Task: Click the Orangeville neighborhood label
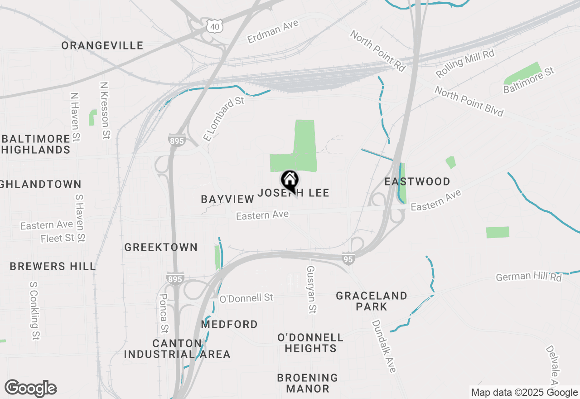102,46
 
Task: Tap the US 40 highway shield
214,26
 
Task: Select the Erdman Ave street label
273,32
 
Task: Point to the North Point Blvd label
469,102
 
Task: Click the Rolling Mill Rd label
465,63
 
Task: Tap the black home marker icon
290,181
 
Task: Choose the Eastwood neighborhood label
417,182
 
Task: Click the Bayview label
228,199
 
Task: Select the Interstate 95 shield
348,258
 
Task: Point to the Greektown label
161,248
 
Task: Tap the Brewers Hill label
53,266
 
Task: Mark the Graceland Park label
372,301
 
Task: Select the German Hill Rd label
528,277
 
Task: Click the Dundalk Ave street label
383,346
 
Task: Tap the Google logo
30,388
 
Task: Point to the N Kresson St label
105,110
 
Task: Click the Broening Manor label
308,383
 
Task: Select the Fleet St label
58,238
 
